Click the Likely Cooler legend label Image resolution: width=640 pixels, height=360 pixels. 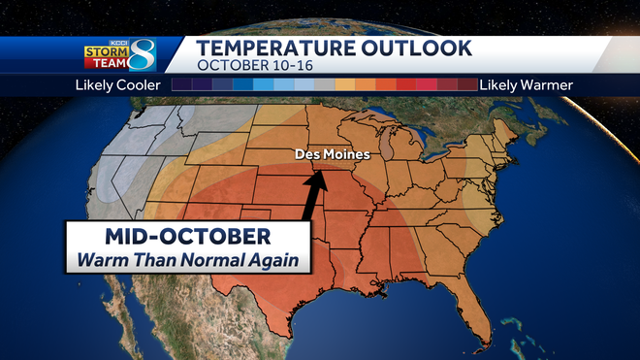[116, 85]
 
